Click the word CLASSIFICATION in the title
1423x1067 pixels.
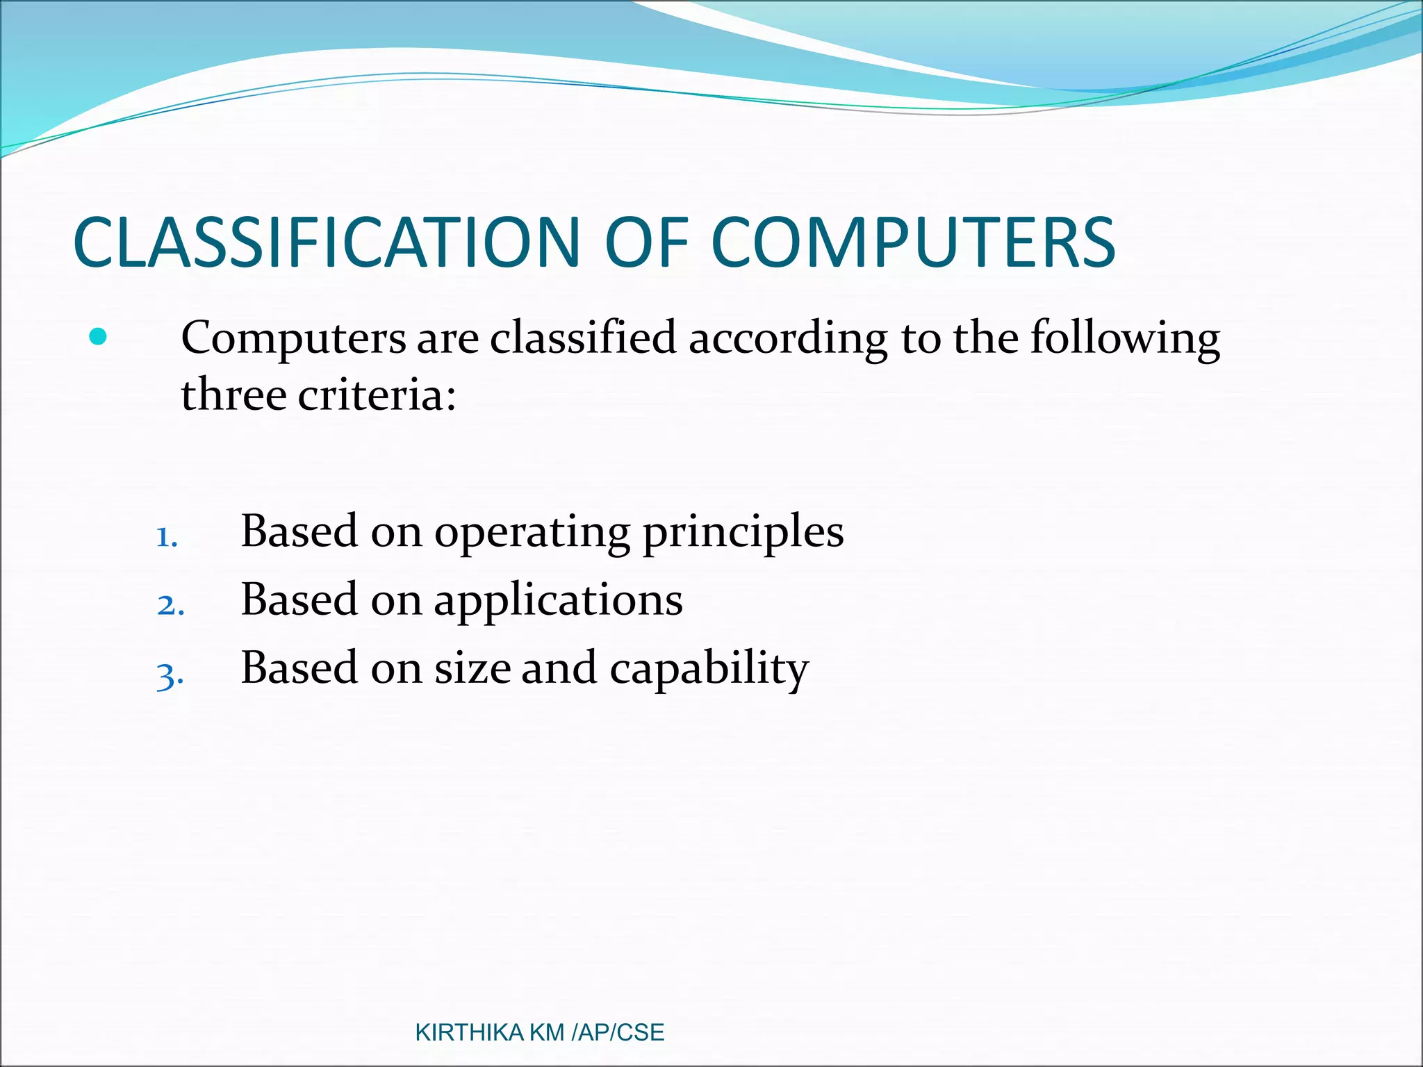click(327, 242)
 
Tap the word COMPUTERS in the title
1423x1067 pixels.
click(913, 242)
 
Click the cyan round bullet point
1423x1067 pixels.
click(99, 337)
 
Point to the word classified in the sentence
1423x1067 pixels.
click(583, 338)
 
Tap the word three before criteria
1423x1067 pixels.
click(234, 396)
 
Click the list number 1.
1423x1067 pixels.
click(167, 537)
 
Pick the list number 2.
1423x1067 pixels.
click(170, 605)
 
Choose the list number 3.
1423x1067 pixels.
click(170, 675)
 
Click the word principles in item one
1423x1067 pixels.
click(743, 533)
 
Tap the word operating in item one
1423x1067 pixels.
click(532, 533)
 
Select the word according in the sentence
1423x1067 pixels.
click(787, 338)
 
